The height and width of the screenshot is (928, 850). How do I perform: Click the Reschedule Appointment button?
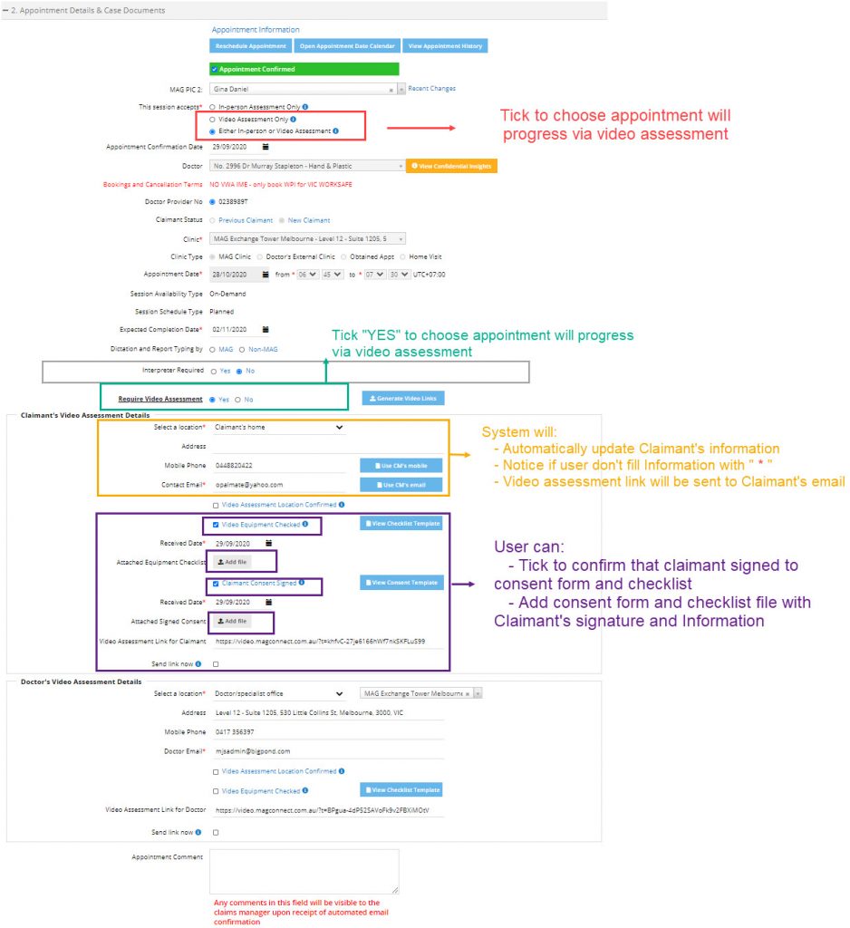click(x=251, y=46)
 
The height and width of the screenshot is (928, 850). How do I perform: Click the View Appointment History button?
click(x=447, y=46)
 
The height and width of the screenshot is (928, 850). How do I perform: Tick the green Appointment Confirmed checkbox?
click(x=214, y=69)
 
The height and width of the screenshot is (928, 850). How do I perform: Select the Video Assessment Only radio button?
click(x=212, y=119)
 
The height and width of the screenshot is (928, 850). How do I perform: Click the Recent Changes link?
click(x=431, y=89)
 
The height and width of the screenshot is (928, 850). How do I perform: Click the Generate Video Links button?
click(x=403, y=399)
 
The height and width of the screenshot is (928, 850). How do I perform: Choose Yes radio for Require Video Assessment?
click(x=212, y=399)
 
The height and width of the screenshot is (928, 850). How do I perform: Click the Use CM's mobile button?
click(x=401, y=465)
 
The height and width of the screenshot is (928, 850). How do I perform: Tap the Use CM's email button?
click(x=401, y=485)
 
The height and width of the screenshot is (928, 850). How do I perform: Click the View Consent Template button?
click(x=401, y=583)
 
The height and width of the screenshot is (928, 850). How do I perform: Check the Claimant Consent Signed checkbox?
click(x=215, y=584)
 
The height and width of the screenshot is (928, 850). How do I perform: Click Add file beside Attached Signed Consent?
click(x=233, y=622)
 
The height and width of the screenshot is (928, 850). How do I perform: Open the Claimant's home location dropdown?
click(x=278, y=427)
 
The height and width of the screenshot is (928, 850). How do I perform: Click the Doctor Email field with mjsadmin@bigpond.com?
click(x=326, y=751)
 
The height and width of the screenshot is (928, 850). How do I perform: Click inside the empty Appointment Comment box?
click(x=304, y=871)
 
